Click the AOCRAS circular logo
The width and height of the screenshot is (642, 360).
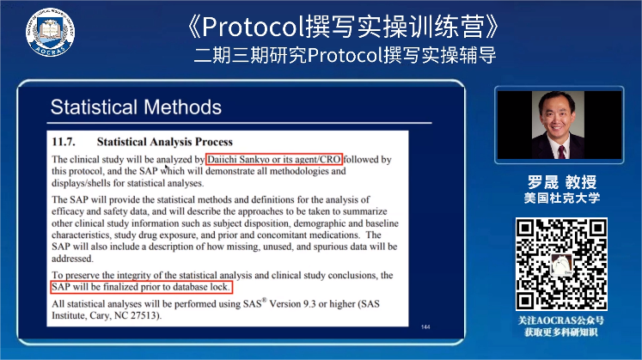coord(50,32)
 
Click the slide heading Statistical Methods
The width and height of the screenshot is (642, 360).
coord(136,107)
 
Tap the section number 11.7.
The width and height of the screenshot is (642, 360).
coord(64,142)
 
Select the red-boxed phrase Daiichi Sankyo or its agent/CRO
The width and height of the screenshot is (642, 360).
coord(274,159)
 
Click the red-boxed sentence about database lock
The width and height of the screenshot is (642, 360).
coord(141,287)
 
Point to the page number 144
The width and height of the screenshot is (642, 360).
coord(425,326)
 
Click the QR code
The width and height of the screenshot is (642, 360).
coord(561,265)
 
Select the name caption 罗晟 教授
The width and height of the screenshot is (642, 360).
coord(562,181)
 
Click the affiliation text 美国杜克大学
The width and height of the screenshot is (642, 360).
coord(562,198)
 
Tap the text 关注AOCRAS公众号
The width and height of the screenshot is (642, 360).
coord(561,320)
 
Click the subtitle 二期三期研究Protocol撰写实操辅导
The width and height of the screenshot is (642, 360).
coord(345,55)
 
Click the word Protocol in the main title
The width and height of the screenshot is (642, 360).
coord(254,27)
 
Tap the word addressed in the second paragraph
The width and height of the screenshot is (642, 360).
coord(72,259)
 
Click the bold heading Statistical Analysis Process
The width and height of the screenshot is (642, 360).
coord(165,142)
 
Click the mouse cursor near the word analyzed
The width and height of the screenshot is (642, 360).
coord(166,167)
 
